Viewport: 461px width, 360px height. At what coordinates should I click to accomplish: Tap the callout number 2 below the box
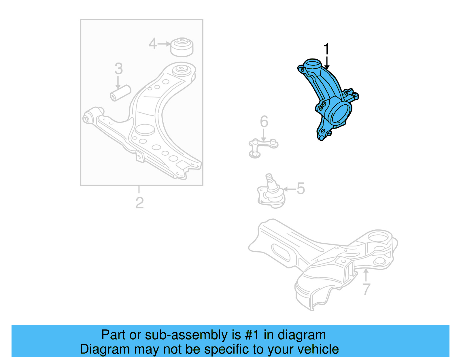pyautogui.click(x=139, y=203)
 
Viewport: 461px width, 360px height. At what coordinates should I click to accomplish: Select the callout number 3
pyautogui.click(x=118, y=69)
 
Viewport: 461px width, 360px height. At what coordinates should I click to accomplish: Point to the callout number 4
pyautogui.click(x=152, y=44)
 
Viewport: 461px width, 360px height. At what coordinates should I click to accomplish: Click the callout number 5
pyautogui.click(x=301, y=189)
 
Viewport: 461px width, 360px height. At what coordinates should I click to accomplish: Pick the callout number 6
pyautogui.click(x=264, y=122)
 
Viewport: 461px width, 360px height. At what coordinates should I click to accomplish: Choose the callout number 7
pyautogui.click(x=366, y=289)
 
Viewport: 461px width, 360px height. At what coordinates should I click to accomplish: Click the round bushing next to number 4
pyautogui.click(x=182, y=47)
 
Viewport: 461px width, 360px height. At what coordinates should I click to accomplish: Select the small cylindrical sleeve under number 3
pyautogui.click(x=121, y=93)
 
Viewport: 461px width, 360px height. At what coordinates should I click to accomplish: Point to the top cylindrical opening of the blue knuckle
pyautogui.click(x=312, y=63)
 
